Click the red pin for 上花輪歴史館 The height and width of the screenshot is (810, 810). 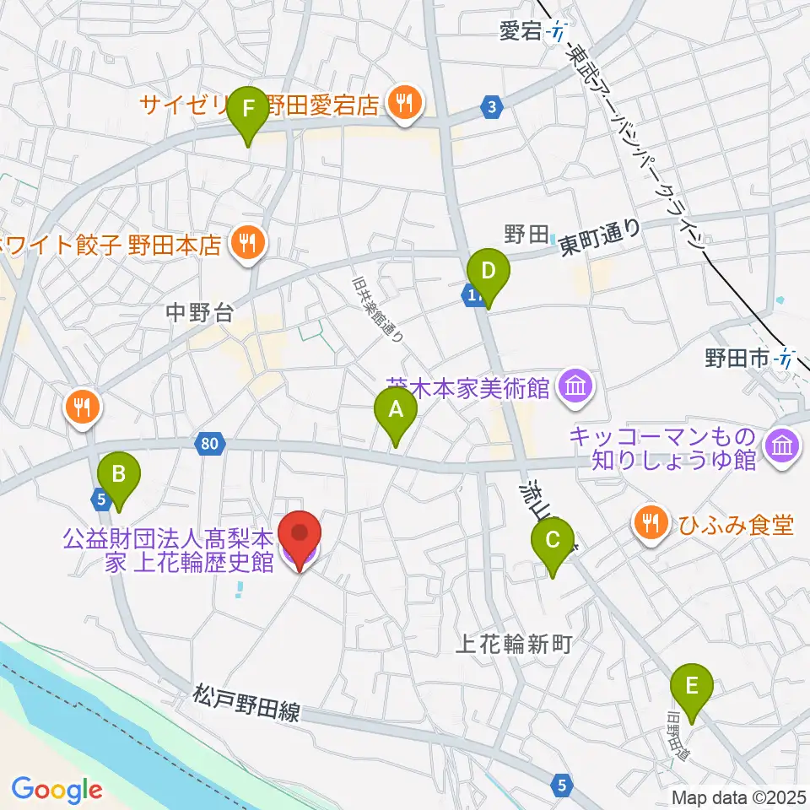coord(301,540)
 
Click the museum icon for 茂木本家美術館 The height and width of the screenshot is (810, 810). coord(579,388)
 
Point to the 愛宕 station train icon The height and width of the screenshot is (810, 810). coord(558,33)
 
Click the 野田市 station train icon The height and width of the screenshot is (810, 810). coord(786,359)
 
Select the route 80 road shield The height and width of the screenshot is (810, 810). coord(211,441)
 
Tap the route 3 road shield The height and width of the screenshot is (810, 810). coord(492,106)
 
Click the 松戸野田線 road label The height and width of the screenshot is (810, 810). coord(246,705)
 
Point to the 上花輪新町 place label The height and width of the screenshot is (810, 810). coord(514,645)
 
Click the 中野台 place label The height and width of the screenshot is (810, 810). coord(199,314)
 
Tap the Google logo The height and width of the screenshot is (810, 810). coord(57,790)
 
